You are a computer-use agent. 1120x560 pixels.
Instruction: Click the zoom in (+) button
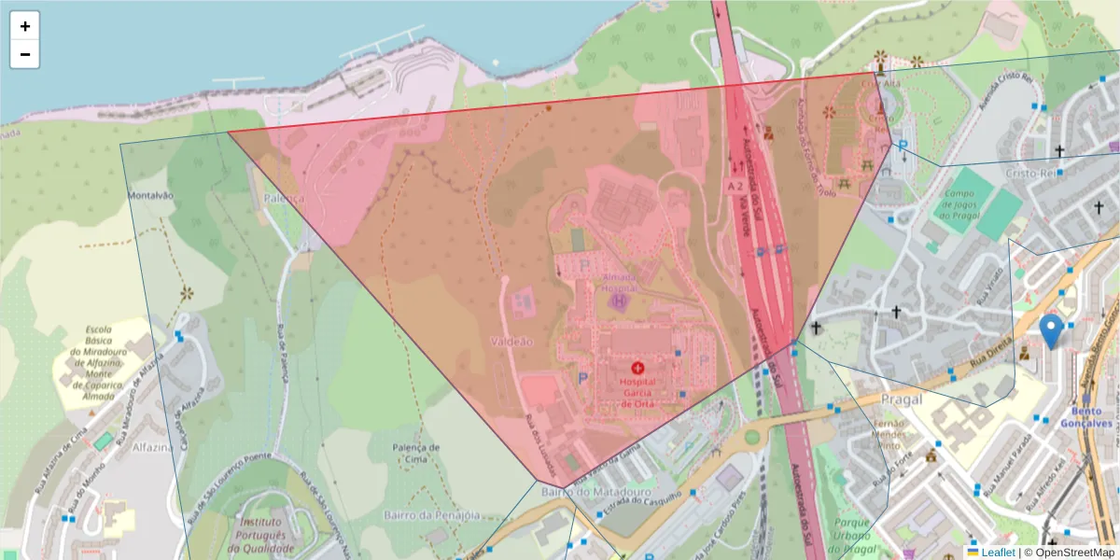[24, 26]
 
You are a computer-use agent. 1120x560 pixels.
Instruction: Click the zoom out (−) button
[24, 54]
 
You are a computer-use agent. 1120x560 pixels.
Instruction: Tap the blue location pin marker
[1052, 330]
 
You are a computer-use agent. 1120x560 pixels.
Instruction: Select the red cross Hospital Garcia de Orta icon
[638, 370]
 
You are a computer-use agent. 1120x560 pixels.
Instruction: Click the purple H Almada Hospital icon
[617, 301]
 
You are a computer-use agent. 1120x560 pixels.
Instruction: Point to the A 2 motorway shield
[735, 187]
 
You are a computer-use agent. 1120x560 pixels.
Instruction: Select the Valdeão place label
[511, 342]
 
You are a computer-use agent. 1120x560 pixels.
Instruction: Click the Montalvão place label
[150, 195]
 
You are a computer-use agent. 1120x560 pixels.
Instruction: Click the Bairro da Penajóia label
[431, 515]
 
